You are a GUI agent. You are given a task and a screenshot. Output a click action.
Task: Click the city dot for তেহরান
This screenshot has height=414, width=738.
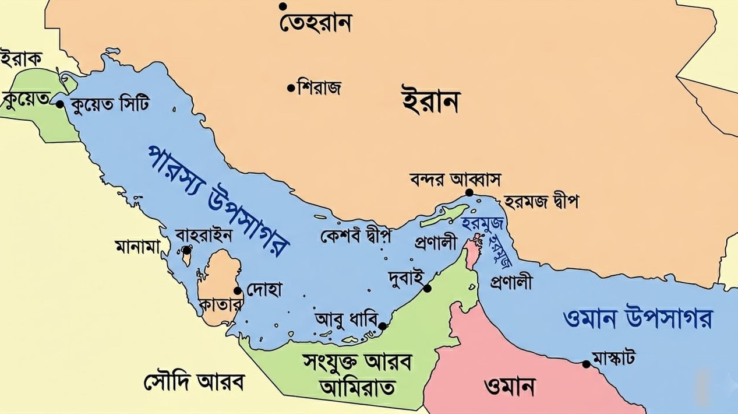tap(283, 6)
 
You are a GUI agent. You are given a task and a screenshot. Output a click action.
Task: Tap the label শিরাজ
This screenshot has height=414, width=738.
tap(319, 88)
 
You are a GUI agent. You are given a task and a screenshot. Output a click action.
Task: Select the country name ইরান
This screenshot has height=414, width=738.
tap(430, 101)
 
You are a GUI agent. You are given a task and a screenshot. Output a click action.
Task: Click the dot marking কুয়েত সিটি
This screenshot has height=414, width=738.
tap(59, 104)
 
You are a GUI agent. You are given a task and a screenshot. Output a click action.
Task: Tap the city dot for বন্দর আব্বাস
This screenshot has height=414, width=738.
tap(469, 192)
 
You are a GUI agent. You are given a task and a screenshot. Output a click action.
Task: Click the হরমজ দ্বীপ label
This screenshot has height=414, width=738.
tap(541, 202)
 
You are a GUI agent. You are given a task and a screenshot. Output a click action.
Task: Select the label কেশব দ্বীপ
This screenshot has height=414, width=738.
tap(355, 236)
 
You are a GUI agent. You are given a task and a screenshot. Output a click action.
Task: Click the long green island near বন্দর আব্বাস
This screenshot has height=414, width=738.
tap(446, 216)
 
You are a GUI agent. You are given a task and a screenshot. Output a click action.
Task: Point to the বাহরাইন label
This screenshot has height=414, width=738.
tap(204, 236)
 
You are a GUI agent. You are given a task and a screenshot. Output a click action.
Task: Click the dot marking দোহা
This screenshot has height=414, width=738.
tap(238, 290)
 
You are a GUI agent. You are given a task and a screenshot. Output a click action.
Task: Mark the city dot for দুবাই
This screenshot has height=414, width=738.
tap(427, 288)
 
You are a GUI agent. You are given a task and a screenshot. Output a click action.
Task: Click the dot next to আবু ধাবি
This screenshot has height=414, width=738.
tap(382, 326)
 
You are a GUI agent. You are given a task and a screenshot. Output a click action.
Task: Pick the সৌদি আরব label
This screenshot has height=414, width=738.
tap(193, 382)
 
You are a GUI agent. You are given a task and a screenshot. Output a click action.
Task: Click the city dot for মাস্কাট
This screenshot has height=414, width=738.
tap(587, 364)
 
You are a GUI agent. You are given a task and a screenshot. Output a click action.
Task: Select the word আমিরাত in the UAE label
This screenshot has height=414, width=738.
tap(357, 387)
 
